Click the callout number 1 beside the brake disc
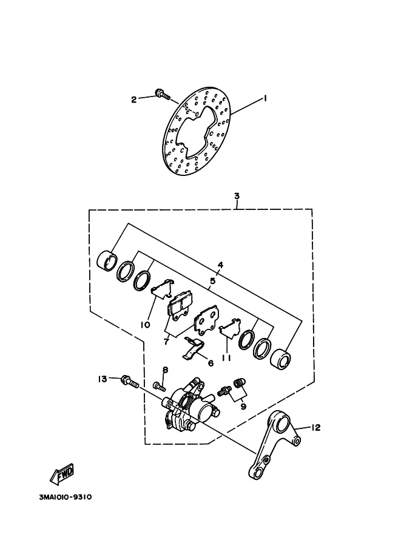pos(265,98)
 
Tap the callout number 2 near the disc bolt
pos(133,100)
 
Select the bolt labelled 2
pos(162,94)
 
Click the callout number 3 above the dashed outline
pos(237,196)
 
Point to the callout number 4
pos(220,265)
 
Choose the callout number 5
pos(212,281)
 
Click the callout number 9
pos(243,407)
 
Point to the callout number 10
pos(145,325)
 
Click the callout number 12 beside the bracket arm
pos(315,428)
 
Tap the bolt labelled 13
pos(130,382)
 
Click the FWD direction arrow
pos(62,474)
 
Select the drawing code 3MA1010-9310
pos(66,497)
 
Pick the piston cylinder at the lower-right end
pos(280,360)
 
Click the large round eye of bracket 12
pos(283,424)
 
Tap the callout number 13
pos(102,379)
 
